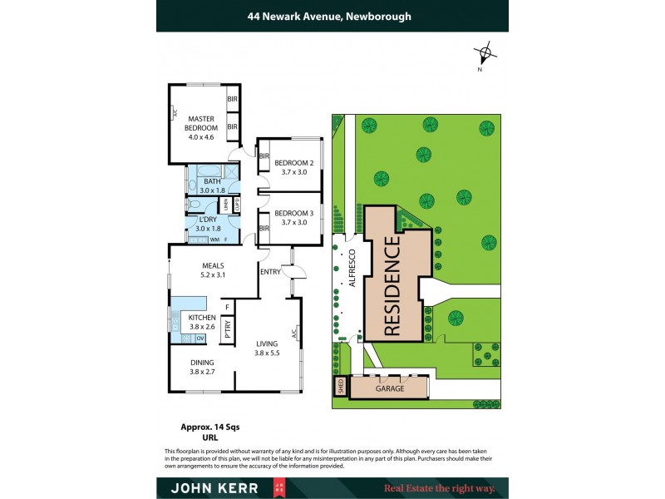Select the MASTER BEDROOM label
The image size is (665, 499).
click(x=201, y=123)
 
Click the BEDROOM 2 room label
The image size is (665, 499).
click(x=293, y=167)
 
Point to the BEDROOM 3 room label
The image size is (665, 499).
click(x=293, y=217)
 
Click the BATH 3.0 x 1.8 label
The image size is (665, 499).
click(x=212, y=185)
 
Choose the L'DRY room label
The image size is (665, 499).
click(x=207, y=224)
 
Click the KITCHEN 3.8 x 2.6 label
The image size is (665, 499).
click(x=202, y=323)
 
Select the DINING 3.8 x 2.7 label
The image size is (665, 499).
click(x=202, y=367)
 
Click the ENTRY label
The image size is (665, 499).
click(x=270, y=272)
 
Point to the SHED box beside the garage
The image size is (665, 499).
click(x=339, y=387)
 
